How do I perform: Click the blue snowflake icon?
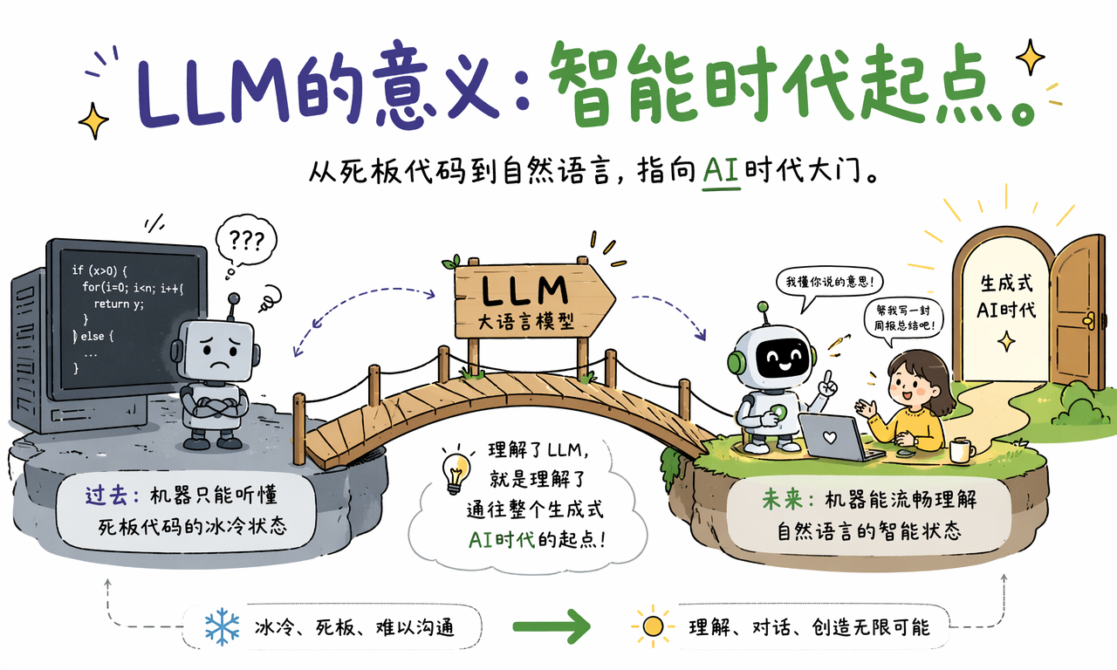222,626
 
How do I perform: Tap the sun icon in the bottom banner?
653,626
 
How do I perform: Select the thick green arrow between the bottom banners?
552,626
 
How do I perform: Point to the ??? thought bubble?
246,242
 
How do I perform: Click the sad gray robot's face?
216,351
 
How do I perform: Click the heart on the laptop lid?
829,437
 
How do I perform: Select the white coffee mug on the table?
962,451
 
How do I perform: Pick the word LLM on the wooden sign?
524,291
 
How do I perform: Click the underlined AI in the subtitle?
721,173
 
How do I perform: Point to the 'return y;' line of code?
119,304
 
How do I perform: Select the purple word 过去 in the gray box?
105,496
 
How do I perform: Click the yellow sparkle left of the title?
93,120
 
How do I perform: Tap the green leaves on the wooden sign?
451,262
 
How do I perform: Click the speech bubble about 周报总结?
903,319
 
